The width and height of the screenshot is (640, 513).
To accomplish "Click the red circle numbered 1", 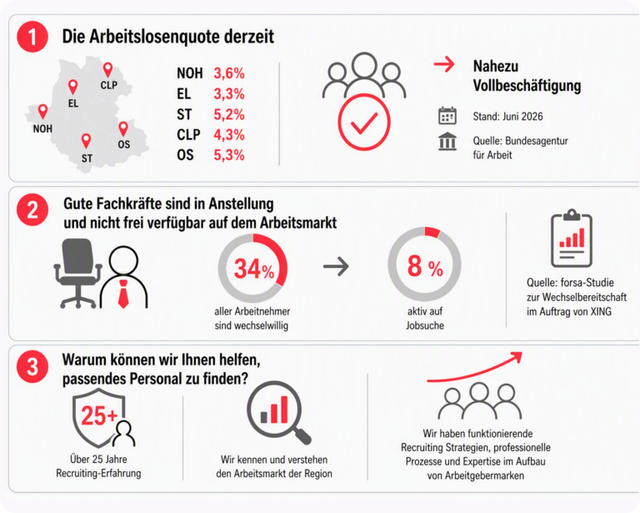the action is click(x=32, y=37).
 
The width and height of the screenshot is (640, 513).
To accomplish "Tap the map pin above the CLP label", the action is click(x=107, y=70).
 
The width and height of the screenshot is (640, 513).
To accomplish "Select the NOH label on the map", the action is click(x=42, y=128).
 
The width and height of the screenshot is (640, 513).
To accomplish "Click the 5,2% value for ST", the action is click(x=229, y=114).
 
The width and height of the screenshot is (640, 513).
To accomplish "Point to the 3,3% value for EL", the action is click(x=229, y=94).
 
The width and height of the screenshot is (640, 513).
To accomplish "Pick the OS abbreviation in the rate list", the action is click(x=185, y=155).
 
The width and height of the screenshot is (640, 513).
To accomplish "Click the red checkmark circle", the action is click(x=364, y=122).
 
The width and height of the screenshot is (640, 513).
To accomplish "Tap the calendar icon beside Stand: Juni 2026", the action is click(x=447, y=116).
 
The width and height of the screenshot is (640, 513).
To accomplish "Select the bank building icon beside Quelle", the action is click(x=447, y=141).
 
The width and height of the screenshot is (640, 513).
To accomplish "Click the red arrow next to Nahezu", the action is click(x=444, y=64).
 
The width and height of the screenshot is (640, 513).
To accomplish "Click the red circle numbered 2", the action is click(x=32, y=210).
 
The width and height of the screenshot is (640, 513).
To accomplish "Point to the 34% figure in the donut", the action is click(x=254, y=269).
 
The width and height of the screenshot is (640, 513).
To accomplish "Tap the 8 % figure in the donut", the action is click(x=425, y=266).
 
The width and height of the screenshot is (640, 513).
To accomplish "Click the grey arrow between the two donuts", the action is click(x=336, y=267).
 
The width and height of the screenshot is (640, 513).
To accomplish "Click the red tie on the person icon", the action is click(x=123, y=294).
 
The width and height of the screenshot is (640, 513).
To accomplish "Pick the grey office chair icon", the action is click(x=78, y=273).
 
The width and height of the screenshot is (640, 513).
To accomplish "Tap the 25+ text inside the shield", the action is click(x=99, y=415).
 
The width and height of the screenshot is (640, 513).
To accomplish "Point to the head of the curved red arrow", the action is click(x=517, y=356).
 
